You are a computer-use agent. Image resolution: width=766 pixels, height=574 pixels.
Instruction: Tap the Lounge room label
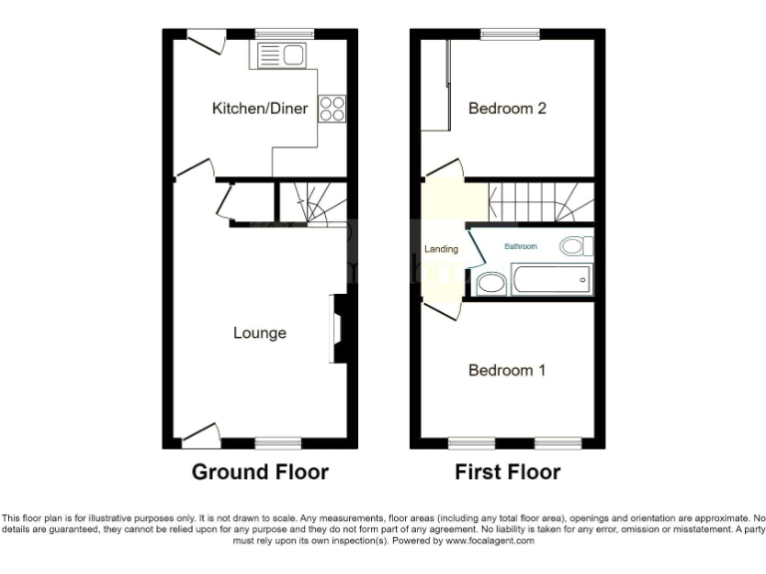click(260, 333)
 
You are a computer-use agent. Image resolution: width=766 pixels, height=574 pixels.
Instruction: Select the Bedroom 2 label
click(507, 108)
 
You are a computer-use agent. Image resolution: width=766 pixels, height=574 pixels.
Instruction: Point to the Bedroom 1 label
click(507, 370)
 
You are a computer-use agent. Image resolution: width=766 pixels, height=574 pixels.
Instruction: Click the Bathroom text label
click(520, 246)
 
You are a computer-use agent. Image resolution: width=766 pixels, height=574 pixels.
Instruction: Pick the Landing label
click(442, 249)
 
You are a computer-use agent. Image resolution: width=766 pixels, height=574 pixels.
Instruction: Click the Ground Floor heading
click(260, 471)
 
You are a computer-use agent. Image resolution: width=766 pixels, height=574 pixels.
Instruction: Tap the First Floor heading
click(508, 471)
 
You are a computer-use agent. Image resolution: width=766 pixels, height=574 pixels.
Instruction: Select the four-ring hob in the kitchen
click(331, 108)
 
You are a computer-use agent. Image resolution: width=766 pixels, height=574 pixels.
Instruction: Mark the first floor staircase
click(540, 201)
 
